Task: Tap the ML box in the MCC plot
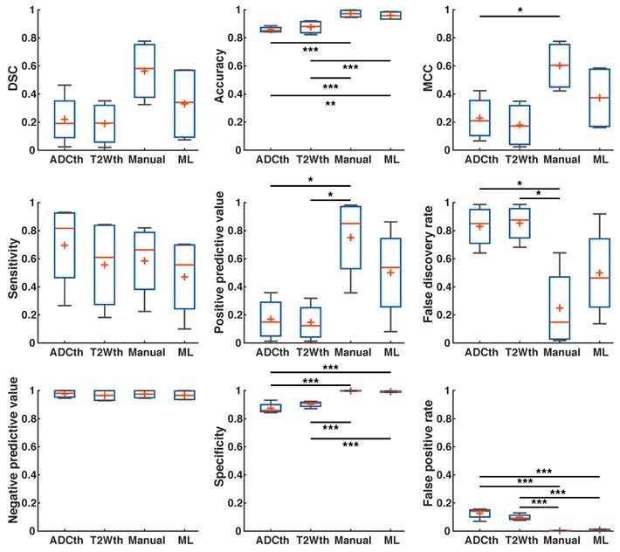599,97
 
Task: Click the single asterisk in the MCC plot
520,11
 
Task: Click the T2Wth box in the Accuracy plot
310,27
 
